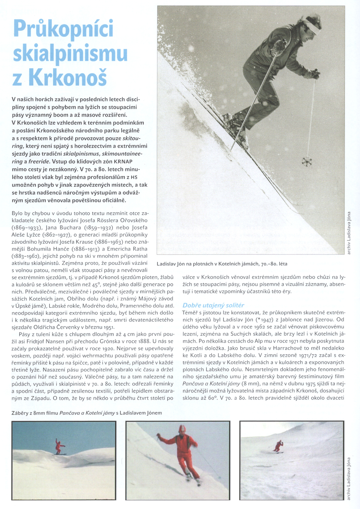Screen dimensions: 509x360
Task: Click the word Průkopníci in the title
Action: coord(63,29)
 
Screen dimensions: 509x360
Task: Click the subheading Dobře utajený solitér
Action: coord(213,305)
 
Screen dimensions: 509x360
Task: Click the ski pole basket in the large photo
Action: coord(307,161)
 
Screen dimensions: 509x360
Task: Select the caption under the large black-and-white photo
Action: coord(222,264)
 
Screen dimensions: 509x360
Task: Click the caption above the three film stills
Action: coord(86,413)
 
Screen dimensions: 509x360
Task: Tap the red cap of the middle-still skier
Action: coord(182,430)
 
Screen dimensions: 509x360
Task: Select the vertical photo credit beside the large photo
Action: coord(349,232)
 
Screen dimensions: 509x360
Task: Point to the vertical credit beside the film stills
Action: coord(349,478)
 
